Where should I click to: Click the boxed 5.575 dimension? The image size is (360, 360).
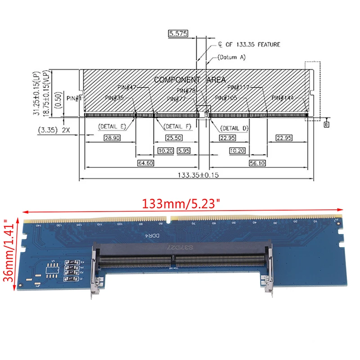point(178,34)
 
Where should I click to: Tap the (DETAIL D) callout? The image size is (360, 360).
point(231,128)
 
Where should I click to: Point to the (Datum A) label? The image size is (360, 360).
point(231,58)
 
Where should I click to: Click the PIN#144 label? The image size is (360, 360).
point(283,97)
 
